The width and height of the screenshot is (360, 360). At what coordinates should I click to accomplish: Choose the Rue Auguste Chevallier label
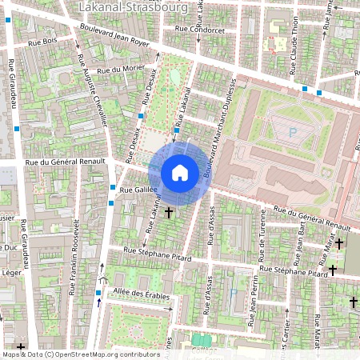point(93,88)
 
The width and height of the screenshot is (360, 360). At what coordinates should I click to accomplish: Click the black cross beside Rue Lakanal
point(168,213)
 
